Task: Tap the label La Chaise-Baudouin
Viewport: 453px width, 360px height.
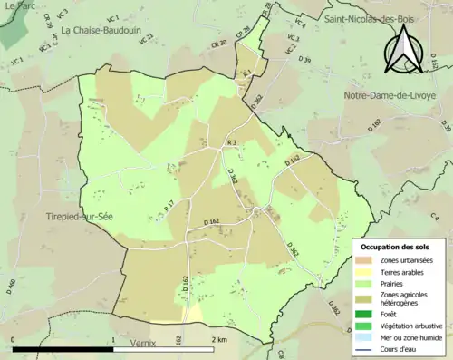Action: point(102,30)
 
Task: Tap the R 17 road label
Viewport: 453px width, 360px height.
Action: point(169,206)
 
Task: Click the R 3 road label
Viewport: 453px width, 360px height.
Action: point(231,144)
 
